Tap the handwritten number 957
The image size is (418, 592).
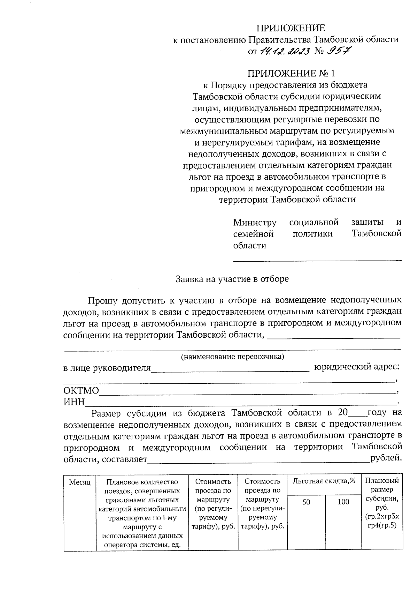[x=338, y=51]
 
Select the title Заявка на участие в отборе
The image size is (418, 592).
[x=232, y=279]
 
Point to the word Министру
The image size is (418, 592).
[x=255, y=222]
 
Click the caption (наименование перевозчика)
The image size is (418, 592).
[x=232, y=357]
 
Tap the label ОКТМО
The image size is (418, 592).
[x=81, y=390]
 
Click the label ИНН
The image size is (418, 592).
[x=74, y=402]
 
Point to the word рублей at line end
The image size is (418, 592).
[x=386, y=458]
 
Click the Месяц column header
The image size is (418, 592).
[x=80, y=482]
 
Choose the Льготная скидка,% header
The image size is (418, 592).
[x=324, y=481]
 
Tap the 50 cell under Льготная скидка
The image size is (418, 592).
[x=306, y=502]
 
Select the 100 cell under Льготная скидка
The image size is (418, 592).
[x=343, y=502]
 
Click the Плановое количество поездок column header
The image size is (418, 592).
[x=142, y=513]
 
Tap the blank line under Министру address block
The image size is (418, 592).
[x=317, y=260]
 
